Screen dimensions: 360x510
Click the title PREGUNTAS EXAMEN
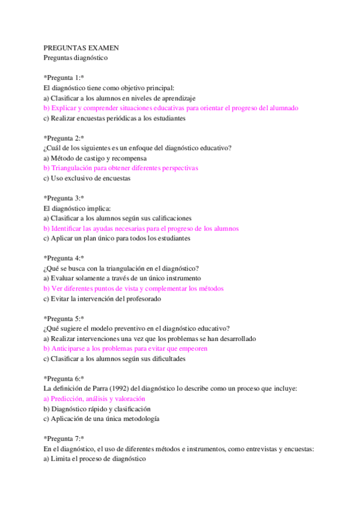click(81, 48)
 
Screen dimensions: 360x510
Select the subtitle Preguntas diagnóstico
click(76, 58)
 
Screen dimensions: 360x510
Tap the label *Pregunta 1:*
click(64, 78)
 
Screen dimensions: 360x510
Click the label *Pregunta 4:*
click(64, 258)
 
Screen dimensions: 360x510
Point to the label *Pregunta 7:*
click(64, 438)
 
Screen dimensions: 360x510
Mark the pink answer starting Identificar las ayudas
click(141, 229)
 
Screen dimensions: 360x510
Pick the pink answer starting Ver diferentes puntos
click(133, 288)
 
